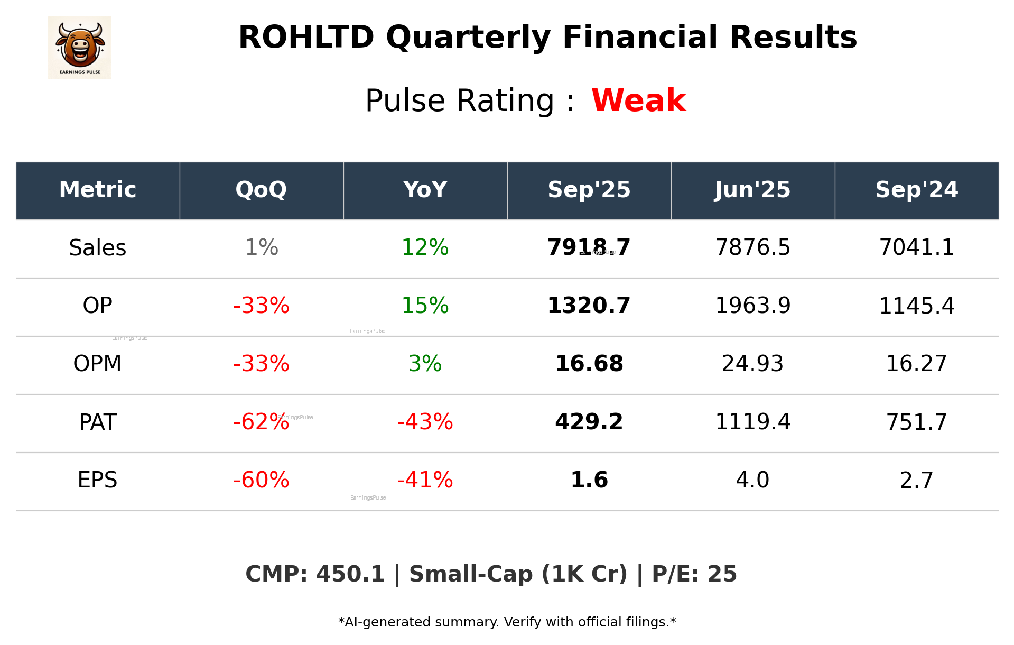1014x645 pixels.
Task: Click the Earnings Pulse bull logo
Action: tap(79, 47)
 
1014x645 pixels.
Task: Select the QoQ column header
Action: tap(261, 190)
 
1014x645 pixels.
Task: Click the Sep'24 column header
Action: tap(916, 190)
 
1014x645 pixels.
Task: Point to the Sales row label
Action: tap(98, 248)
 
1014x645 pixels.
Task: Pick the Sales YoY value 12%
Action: tap(425, 248)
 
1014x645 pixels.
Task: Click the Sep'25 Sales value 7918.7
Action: tap(589, 248)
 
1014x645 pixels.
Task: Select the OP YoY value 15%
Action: tap(425, 306)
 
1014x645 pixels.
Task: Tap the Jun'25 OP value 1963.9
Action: tap(752, 306)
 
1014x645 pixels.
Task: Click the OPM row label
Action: tap(98, 364)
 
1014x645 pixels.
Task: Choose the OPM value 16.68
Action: tap(589, 364)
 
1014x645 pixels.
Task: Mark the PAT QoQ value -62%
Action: tap(261, 422)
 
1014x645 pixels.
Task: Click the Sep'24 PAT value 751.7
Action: tap(916, 422)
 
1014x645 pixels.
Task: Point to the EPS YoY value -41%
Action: tap(425, 481)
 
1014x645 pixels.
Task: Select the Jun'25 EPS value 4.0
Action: tap(752, 481)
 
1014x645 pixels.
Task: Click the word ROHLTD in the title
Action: tap(306, 38)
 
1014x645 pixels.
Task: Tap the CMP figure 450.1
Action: tap(350, 575)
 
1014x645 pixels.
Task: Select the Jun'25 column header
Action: tap(752, 190)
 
